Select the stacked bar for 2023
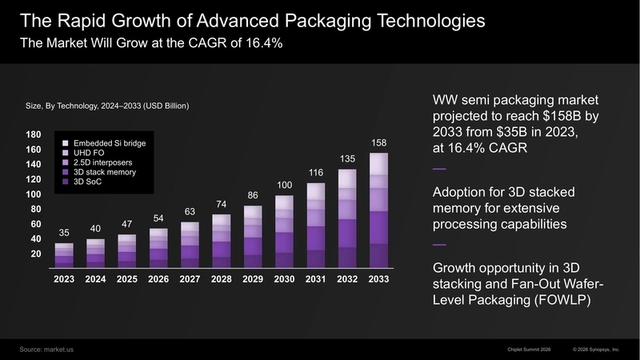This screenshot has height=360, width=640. pos(64,254)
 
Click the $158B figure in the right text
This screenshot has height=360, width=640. pos(566,117)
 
